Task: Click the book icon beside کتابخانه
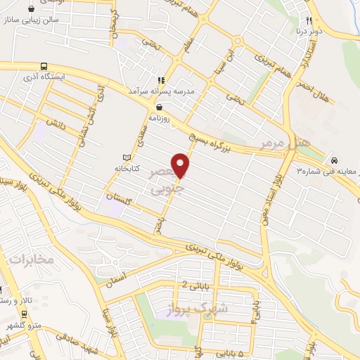tap(127, 157)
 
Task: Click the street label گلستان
tap(117, 199)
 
